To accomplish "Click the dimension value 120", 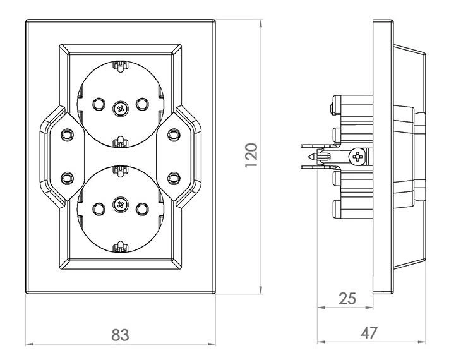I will pos(251,155).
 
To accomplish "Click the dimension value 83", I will pos(120,334).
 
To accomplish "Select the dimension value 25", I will pos(347,298).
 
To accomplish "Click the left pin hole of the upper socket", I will pos(98,104).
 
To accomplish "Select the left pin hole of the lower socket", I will pos(98,208).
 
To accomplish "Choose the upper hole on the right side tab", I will pos(172,134).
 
